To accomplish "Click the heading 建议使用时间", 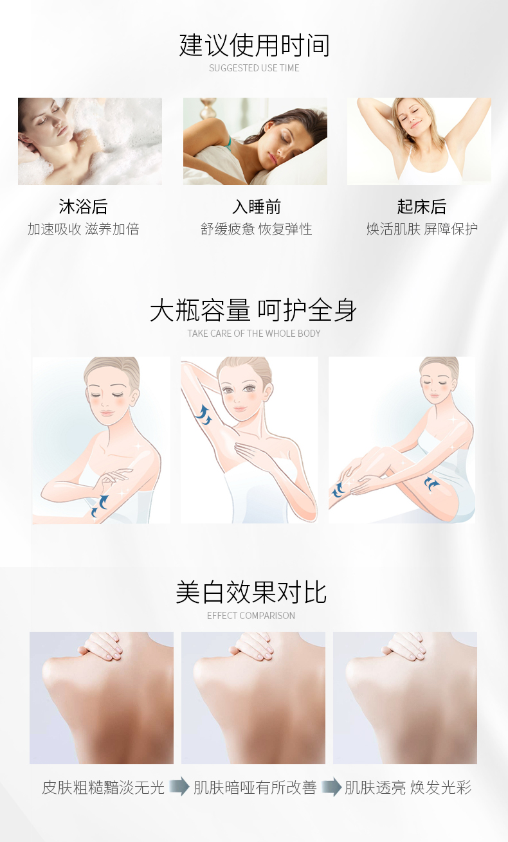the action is coord(254,45).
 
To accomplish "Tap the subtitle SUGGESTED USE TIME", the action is coord(254,68).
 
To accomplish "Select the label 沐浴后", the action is coord(83,207).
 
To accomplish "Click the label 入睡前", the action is coord(257,207).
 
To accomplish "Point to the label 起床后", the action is coord(422,207).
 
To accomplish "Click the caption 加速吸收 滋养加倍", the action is coord(84,229).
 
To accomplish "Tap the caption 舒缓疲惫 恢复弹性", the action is coord(257,229).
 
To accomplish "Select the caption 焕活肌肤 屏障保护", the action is coord(422,229).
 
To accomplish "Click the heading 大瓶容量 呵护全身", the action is coord(253,310).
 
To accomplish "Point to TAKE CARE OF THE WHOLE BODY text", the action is coord(254,334).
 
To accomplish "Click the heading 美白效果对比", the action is coord(251,592).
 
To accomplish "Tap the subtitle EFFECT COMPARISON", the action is coord(251,616).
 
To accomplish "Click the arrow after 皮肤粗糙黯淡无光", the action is coord(179,786).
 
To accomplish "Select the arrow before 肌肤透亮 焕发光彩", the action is coord(331,787).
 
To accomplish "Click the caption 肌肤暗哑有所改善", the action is coord(255,787).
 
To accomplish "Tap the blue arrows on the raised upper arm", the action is coord(203,415).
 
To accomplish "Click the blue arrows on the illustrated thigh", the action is coord(431,483).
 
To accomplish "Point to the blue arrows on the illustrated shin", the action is coord(338,490).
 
